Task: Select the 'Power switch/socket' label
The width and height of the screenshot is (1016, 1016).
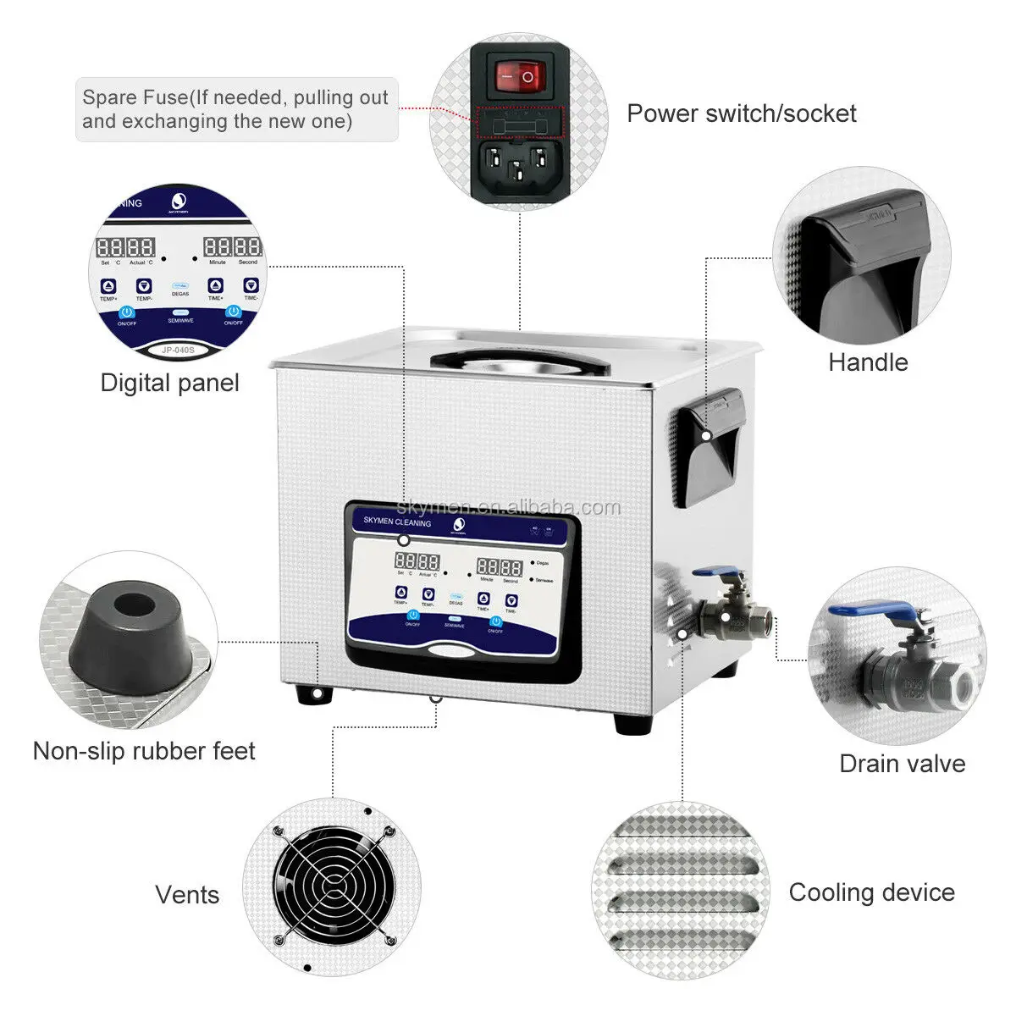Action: [x=741, y=113]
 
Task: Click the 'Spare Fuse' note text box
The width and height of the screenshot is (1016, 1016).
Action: [x=235, y=109]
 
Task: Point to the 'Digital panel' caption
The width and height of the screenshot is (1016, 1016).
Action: [x=169, y=383]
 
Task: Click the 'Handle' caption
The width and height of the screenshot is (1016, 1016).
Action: [x=867, y=362]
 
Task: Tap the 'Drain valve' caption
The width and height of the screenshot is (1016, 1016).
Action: [x=902, y=764]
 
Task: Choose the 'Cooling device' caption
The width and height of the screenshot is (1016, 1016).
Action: [x=871, y=892]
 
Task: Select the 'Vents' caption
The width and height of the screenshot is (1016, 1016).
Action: [x=187, y=895]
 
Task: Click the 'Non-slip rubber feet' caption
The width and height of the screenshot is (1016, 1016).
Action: [x=144, y=751]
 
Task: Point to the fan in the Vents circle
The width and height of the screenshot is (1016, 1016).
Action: [x=331, y=886]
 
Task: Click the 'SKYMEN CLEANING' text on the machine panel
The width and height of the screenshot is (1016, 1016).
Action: [x=397, y=522]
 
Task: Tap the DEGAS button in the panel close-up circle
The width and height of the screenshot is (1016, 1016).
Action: [x=180, y=290]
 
